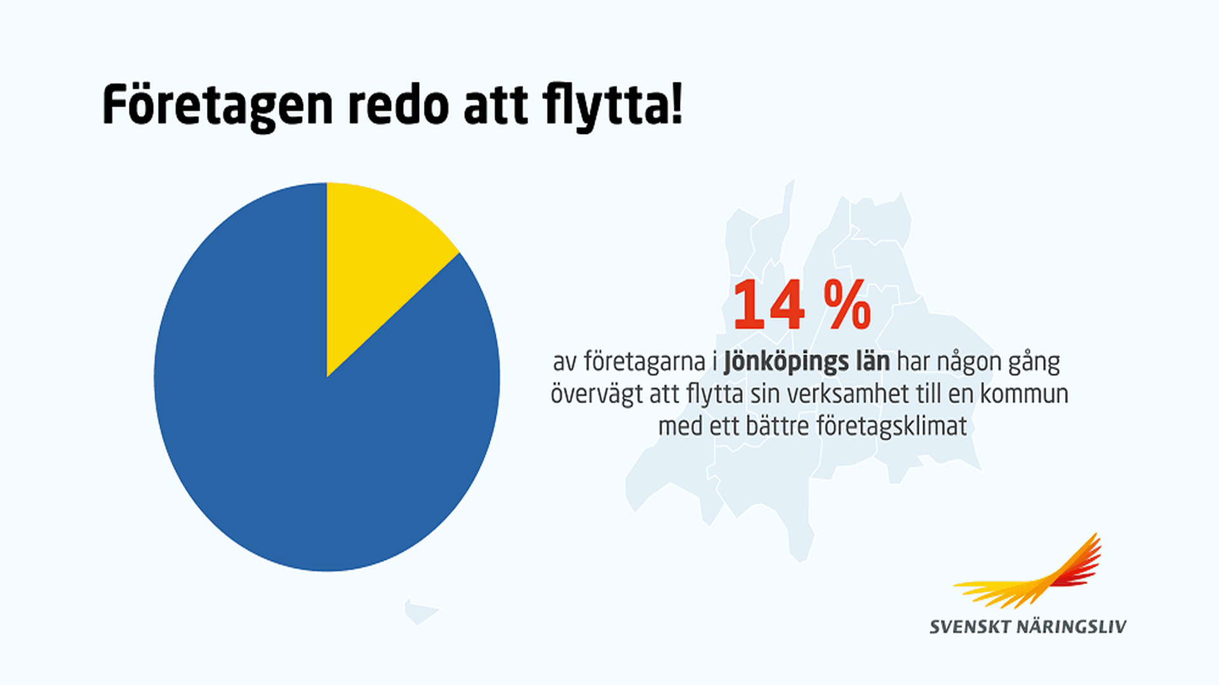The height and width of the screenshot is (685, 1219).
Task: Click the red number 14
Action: (769, 306)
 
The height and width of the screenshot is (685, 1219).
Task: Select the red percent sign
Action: (848, 306)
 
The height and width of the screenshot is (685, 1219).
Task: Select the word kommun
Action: (1024, 394)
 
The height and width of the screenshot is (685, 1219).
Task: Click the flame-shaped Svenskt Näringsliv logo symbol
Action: (1035, 575)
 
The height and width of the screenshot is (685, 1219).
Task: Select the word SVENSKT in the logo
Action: (969, 627)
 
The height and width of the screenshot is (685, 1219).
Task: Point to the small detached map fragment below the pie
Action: (420, 612)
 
